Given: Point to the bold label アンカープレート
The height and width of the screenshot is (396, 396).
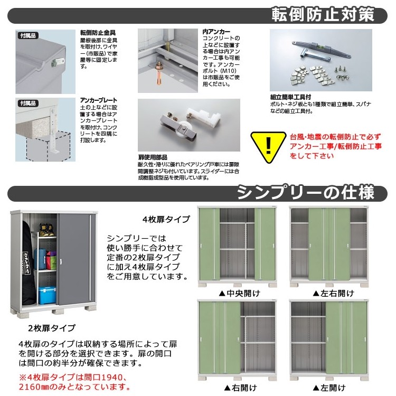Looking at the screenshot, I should click(x=99, y=100).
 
